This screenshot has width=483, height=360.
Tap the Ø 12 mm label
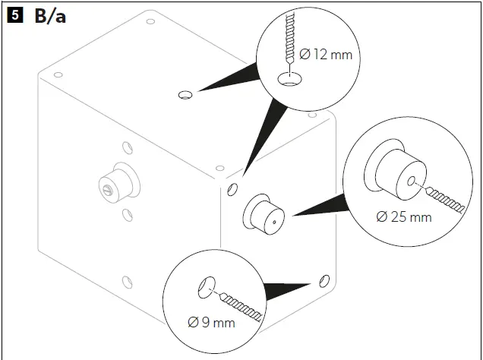point(327,55)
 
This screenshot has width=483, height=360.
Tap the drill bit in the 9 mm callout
point(243,305)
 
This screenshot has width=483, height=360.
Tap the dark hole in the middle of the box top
point(185,95)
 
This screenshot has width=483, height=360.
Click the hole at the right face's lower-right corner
point(325,279)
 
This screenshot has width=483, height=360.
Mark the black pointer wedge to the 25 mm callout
point(319,207)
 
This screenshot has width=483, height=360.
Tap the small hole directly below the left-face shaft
point(127,215)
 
